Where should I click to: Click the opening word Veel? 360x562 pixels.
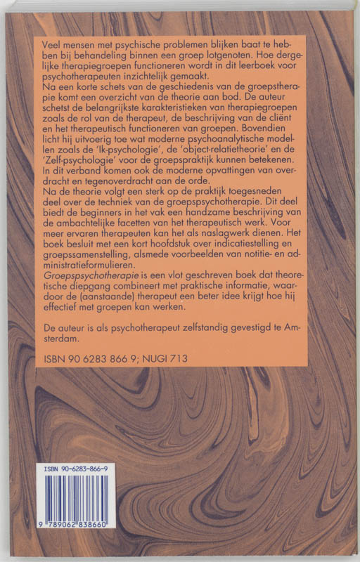pyautogui.click(x=54, y=44)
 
